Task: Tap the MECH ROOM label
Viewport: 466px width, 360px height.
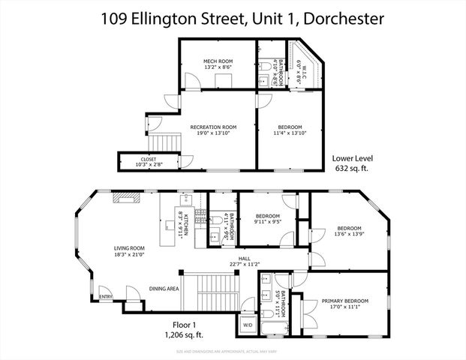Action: coord(218,64)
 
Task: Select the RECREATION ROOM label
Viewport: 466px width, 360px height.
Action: coord(213,130)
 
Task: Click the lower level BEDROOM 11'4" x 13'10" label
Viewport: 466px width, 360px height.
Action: coord(290,130)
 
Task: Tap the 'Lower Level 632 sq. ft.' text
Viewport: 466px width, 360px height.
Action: coord(353,163)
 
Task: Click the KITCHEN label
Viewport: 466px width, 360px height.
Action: coord(184,224)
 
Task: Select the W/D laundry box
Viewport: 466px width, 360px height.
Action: coord(248,324)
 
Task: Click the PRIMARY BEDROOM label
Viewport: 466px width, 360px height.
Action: coord(341,303)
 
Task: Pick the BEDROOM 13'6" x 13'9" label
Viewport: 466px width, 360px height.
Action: coord(349,231)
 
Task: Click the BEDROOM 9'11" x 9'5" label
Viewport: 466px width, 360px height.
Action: coord(267,218)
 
